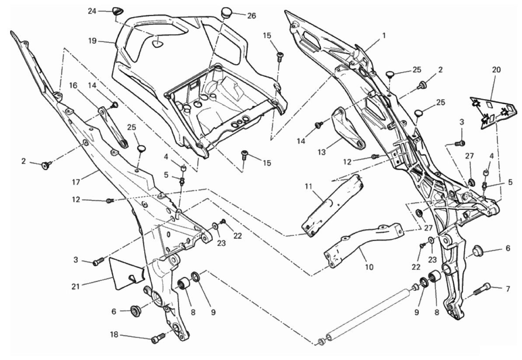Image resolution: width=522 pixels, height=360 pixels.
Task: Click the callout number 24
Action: click(92, 11)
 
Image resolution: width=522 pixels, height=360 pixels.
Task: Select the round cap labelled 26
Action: click(226, 11)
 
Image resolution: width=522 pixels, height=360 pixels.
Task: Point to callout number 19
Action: click(91, 42)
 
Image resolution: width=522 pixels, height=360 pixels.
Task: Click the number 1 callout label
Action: click(383, 35)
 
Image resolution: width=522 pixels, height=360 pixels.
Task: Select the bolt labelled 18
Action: click(158, 338)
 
